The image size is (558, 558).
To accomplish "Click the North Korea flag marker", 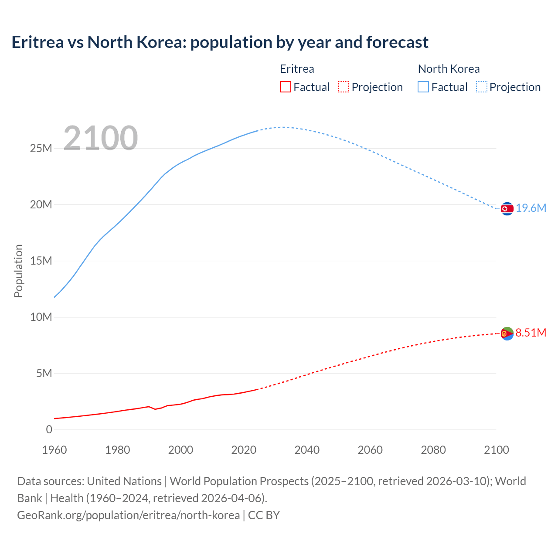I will tap(507, 209).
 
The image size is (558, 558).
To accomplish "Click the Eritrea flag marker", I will tap(507, 333).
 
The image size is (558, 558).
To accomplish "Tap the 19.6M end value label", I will tap(531, 208).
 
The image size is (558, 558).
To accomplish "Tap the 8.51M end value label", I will tap(531, 333).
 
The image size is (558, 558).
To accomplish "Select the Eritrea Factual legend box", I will tap(285, 87).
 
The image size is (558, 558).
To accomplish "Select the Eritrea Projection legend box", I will tap(344, 87).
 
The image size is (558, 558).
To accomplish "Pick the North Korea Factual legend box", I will tap(423, 87).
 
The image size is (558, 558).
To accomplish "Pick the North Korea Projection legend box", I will tap(482, 87).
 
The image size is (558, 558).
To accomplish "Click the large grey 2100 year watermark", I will tap(101, 138).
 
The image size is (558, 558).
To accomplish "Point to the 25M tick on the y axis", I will tap(41, 149).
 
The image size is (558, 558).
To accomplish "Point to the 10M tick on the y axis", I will tap(41, 317).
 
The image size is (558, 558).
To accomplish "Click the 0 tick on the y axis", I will tap(49, 430).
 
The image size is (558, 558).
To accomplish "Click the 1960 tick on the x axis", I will tap(54, 450).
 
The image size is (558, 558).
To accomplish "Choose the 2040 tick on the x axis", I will tap(307, 450).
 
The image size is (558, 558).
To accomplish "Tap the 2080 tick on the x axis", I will tap(433, 450).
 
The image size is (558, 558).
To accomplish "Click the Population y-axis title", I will tap(18, 271).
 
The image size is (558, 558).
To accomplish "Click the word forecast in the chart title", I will tap(397, 42).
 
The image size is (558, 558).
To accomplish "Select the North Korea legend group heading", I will tap(449, 69).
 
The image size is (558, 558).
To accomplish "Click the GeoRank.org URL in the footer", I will tap(128, 515).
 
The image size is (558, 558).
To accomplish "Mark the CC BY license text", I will tap(264, 515).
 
